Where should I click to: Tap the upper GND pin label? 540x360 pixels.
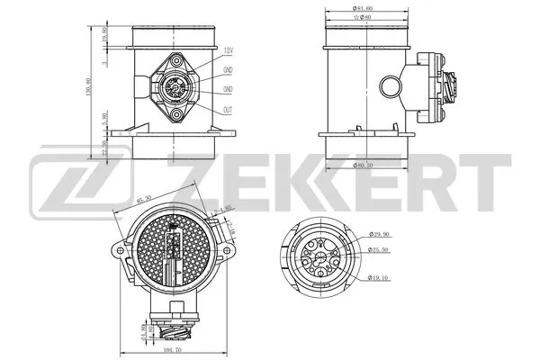click(x=228, y=70)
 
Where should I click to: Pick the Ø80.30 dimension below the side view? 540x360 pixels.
click(x=364, y=165)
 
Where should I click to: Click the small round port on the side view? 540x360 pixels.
click(x=390, y=88)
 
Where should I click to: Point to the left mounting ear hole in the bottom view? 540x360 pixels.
click(x=120, y=246)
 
